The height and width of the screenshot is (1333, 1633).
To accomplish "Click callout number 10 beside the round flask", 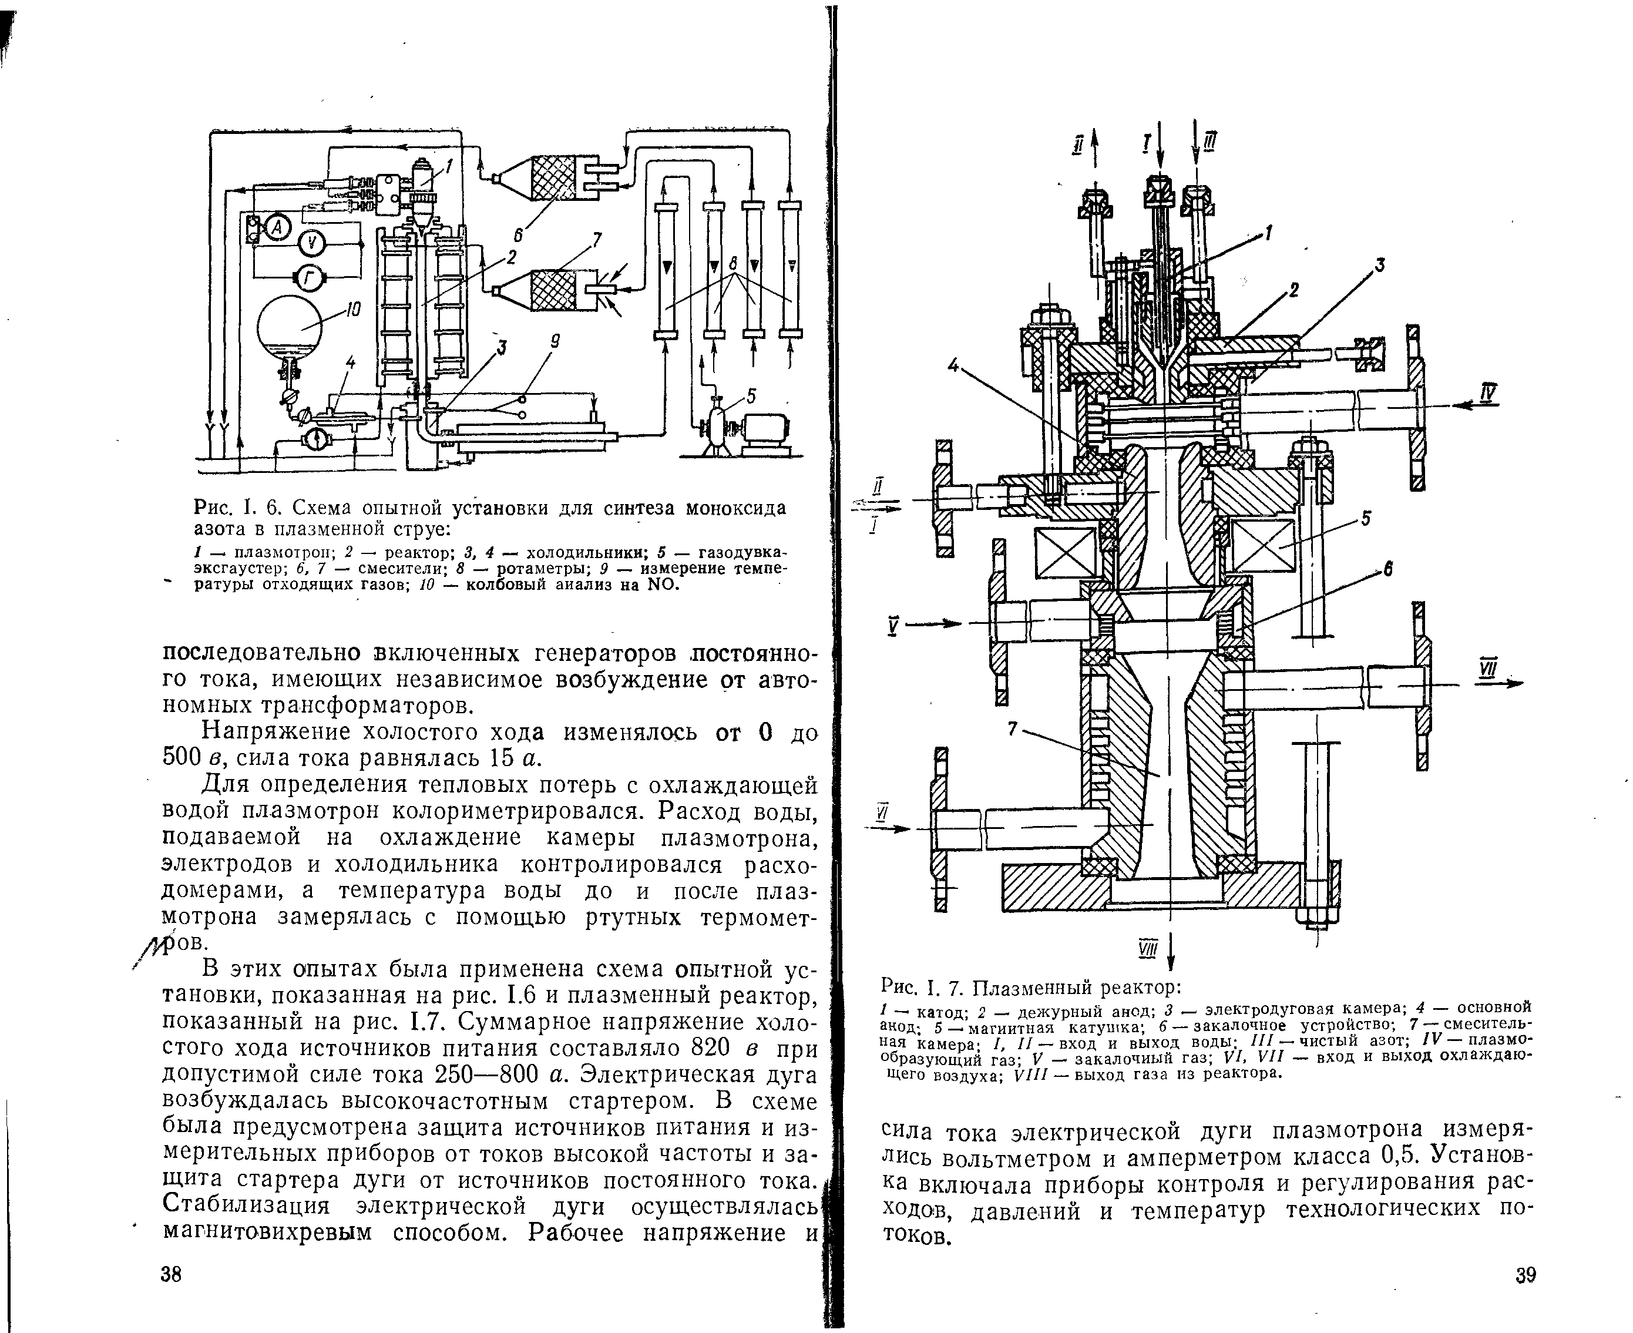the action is [x=352, y=310].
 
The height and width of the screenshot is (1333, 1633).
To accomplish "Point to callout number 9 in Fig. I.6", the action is [x=555, y=341].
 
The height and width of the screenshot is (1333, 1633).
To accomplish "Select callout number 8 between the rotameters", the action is [x=734, y=262].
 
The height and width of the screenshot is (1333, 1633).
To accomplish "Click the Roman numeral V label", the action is [x=893, y=626].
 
